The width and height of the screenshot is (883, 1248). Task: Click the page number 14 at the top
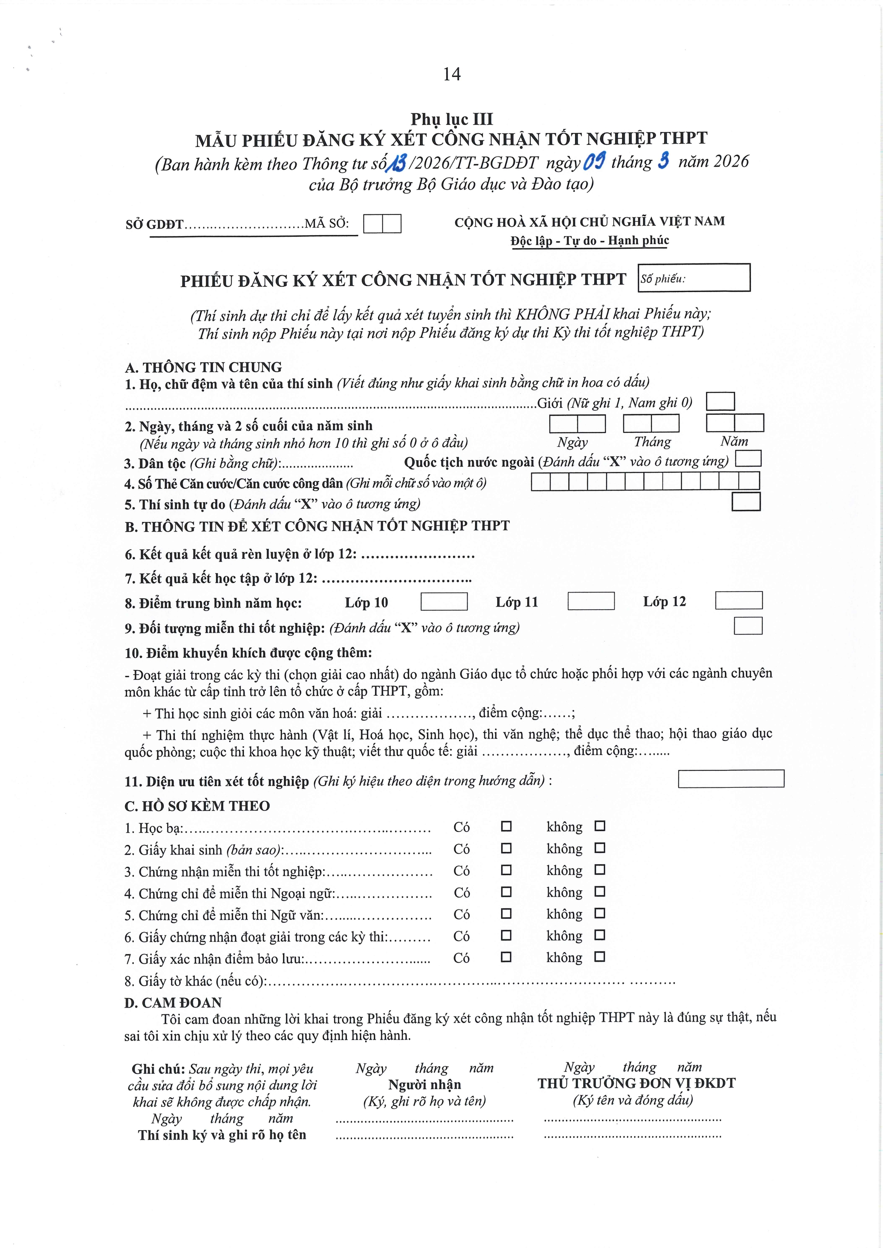click(452, 74)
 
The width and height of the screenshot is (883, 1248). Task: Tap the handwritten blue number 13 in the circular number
click(396, 162)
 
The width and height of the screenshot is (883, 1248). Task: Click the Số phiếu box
click(694, 278)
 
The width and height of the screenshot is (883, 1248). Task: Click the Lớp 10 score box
click(444, 601)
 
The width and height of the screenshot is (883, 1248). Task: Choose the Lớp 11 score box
click(591, 601)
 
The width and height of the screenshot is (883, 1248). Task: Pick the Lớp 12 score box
click(738, 600)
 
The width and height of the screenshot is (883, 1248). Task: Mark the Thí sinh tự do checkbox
click(745, 502)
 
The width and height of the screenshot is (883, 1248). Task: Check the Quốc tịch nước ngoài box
click(748, 459)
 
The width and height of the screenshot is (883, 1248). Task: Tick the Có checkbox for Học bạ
click(506, 826)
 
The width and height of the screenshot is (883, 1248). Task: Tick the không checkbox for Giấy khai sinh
click(600, 848)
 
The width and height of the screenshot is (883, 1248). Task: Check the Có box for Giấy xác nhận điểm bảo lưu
click(506, 957)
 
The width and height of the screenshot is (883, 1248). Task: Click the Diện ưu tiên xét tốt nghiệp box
click(731, 778)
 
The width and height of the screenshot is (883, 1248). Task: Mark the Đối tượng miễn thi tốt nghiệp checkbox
click(747, 626)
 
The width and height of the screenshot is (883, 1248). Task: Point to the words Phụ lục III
click(452, 119)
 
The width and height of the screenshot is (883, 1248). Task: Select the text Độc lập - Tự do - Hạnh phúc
click(590, 240)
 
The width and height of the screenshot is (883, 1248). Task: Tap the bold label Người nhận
click(424, 1084)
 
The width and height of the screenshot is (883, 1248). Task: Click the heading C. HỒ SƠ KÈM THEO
click(197, 806)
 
